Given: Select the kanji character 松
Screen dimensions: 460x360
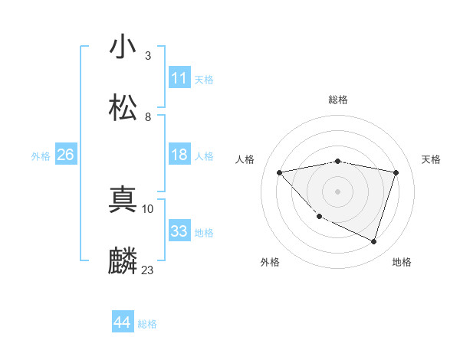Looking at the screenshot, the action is [x=123, y=108].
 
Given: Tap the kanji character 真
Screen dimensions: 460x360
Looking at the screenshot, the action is [x=123, y=200].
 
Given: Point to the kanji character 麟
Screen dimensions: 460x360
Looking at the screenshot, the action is [x=123, y=261].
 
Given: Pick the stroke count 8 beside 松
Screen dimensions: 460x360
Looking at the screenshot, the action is [x=148, y=116].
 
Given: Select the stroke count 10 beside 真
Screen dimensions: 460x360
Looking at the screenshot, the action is [x=148, y=208].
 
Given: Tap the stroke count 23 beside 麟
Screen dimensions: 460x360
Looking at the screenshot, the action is [x=148, y=270].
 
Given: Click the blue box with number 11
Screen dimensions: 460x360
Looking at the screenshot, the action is [x=179, y=78].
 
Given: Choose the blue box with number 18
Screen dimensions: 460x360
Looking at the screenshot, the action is [x=179, y=155].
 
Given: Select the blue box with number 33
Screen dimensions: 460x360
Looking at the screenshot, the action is [x=179, y=231].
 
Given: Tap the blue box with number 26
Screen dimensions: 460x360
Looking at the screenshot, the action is [x=65, y=155].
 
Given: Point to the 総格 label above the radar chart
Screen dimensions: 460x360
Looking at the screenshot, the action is [x=338, y=100].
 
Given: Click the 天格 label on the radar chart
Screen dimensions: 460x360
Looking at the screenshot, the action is [x=432, y=159].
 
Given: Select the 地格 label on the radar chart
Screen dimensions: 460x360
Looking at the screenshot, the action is [x=402, y=262].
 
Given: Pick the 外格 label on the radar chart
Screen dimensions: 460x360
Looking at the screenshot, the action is [x=270, y=262].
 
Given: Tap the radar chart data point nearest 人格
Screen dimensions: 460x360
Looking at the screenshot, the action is [x=280, y=172].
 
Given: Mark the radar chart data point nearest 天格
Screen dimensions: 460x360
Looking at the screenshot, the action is [x=396, y=172].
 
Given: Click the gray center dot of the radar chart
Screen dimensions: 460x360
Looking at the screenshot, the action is [x=337, y=191].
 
